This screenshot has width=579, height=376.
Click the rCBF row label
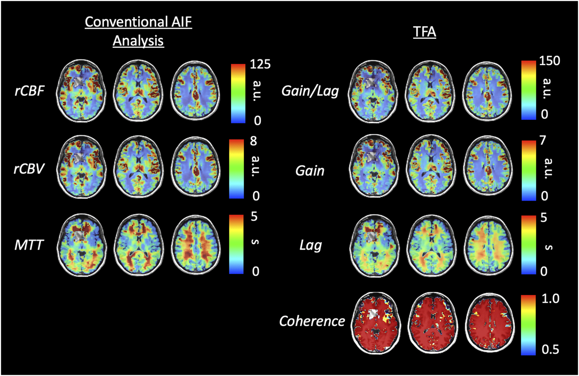[30, 91]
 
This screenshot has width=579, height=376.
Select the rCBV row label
[29, 169]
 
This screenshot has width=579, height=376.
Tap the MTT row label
[29, 245]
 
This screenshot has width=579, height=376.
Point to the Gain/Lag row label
[310, 91]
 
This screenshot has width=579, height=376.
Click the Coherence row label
[312, 321]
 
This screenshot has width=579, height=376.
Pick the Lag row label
[311, 245]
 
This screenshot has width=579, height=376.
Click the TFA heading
[425, 32]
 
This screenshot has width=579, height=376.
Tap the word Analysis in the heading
[138, 41]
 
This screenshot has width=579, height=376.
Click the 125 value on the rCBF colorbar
[260, 64]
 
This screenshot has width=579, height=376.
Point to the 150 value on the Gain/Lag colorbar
[549, 61]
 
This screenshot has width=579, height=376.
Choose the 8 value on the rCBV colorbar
[254, 141]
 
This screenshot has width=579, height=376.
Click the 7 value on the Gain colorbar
[543, 140]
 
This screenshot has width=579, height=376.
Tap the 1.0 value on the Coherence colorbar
[550, 298]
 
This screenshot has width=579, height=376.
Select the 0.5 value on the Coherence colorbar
[550, 349]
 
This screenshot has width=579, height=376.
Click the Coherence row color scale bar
[528, 325]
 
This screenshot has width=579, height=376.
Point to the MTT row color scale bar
[236, 244]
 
